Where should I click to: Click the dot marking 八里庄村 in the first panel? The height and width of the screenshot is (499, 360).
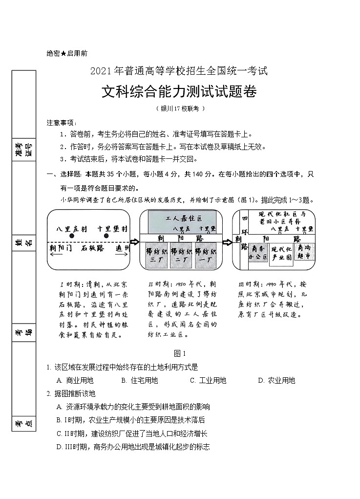tap(72, 236)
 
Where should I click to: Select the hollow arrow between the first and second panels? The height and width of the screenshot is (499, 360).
tap(134, 241)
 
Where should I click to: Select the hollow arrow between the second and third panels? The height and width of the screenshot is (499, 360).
tap(227, 241)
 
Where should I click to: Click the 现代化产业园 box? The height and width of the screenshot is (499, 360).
tap(281, 254)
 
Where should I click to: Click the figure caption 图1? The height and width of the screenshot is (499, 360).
tap(180, 353)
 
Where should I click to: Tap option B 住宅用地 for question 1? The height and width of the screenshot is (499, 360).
tap(139, 380)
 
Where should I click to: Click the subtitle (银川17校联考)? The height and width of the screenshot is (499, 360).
tap(180, 108)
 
